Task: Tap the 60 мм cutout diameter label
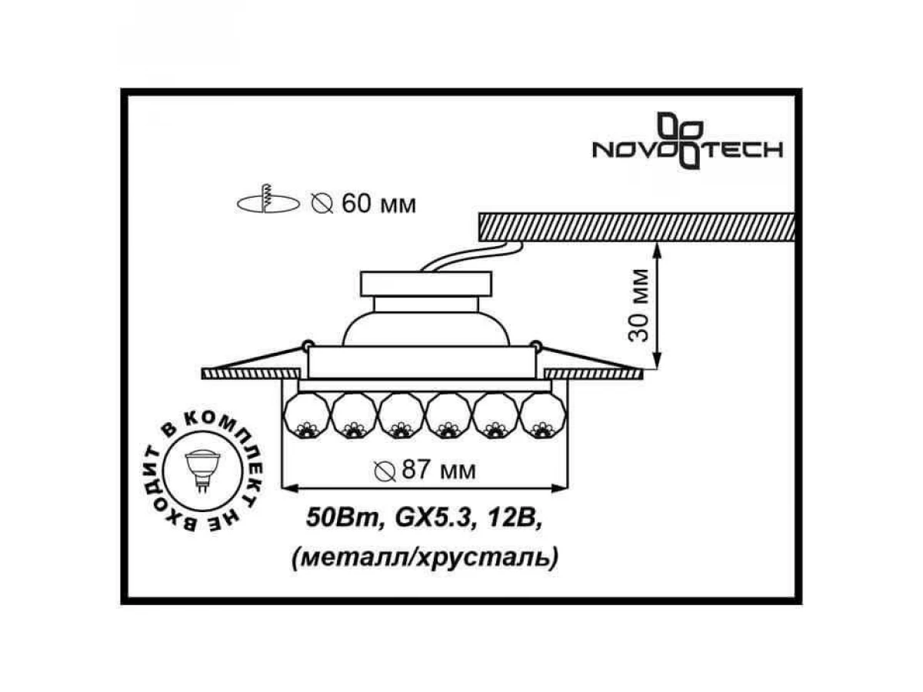pos(364,204)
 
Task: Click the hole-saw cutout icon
pos(268,199)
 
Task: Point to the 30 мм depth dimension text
pos(638,305)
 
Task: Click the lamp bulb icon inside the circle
pos(203,470)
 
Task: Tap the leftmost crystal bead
pos(307,416)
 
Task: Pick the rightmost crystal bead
pos(543,416)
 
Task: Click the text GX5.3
pos(432,518)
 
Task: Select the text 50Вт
pos(343,518)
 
